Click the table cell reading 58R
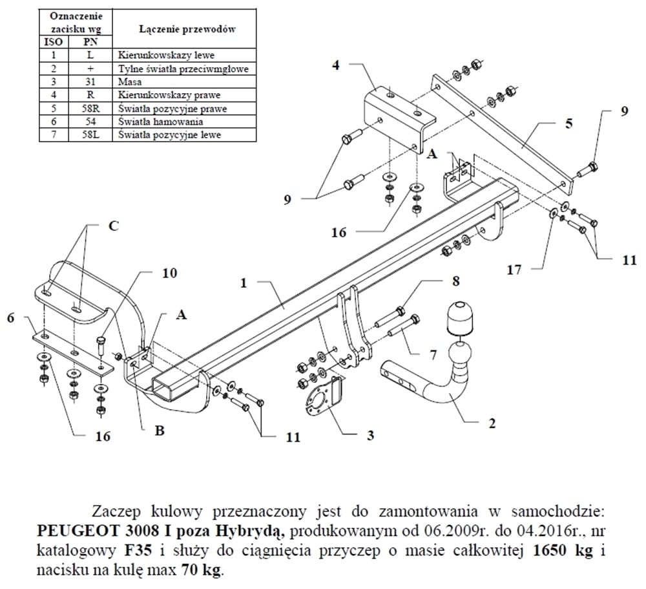tap(90, 107)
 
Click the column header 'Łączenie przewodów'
tap(186, 29)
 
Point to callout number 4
tap(336, 64)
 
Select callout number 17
tap(514, 270)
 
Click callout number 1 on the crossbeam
tap(244, 283)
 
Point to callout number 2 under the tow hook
tap(492, 423)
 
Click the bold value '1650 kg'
tap(559, 553)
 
